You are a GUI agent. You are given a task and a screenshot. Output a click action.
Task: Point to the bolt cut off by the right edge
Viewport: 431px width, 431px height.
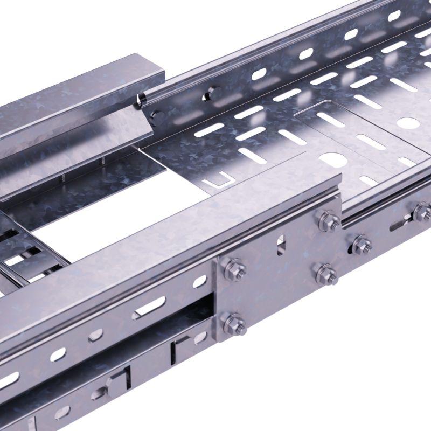pos(422,212)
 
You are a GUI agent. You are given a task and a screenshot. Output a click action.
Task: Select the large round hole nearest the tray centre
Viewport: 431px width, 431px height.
pos(331,160)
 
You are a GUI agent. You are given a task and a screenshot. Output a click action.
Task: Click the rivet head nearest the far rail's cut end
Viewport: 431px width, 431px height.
pos(157,115)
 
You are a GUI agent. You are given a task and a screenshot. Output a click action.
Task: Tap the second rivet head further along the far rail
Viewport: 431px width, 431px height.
pos(208,94)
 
